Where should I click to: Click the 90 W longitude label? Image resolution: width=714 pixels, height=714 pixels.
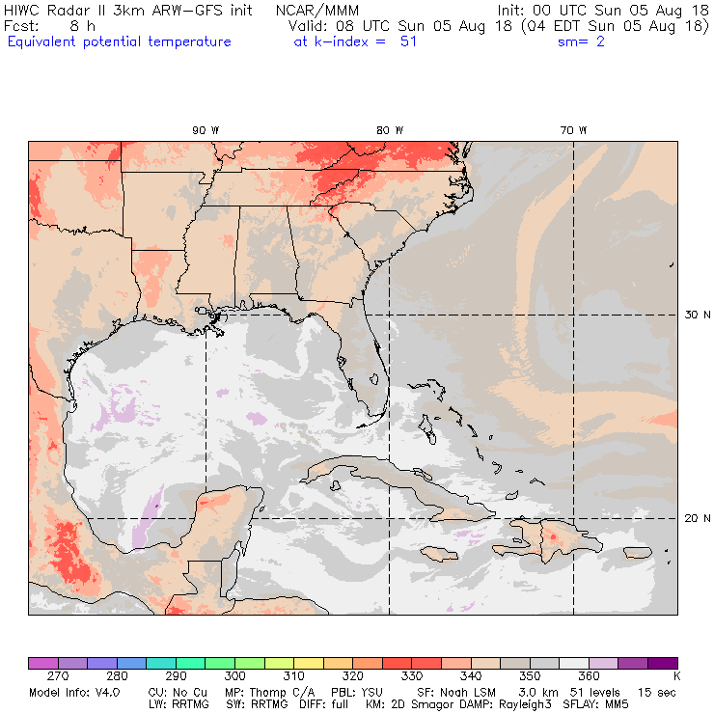click(x=204, y=129)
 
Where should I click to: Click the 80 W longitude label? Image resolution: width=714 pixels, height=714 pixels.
click(x=389, y=129)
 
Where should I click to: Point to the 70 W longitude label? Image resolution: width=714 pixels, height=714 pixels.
click(x=573, y=129)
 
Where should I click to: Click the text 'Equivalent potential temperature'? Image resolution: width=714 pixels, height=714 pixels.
click(x=120, y=41)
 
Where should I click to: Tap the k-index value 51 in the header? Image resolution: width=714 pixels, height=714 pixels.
click(x=408, y=41)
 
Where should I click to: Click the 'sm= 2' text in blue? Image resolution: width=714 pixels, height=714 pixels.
click(x=581, y=41)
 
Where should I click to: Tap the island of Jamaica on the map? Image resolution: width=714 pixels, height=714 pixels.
click(x=438, y=554)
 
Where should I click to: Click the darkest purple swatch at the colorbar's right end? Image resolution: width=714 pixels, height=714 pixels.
click(x=662, y=663)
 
